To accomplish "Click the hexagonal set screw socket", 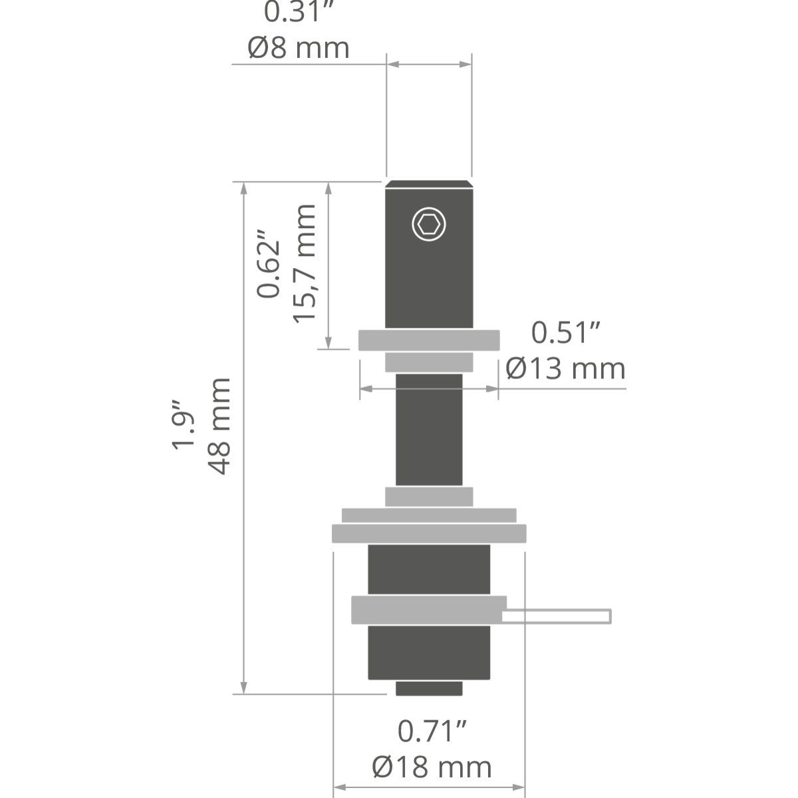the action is tap(429, 224).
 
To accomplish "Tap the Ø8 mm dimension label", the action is tap(299, 48).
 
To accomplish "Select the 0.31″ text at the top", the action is tap(299, 11).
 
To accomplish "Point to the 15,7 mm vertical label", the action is tap(305, 263).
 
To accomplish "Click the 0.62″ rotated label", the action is tap(268, 263).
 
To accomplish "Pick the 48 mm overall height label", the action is tap(219, 426).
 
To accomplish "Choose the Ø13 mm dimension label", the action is tap(565, 368).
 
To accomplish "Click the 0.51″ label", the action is tap(565, 332).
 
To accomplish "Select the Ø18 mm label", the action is tap(432, 767).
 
